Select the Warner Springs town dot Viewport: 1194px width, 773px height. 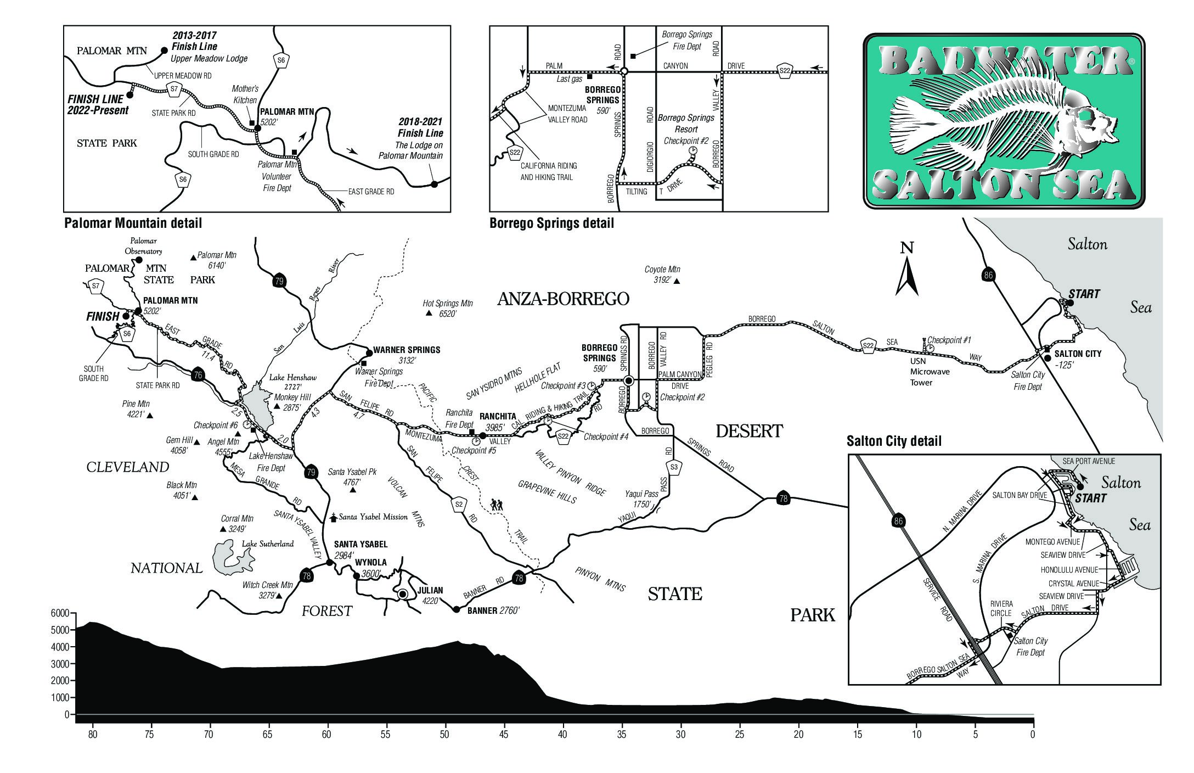[x=369, y=353]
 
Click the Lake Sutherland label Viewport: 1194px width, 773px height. [x=268, y=544]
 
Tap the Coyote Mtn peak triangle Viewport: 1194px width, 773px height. [x=677, y=281]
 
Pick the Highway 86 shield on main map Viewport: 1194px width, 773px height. [x=988, y=275]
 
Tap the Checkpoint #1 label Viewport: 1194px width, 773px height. [x=949, y=340]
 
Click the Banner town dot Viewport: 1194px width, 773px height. [x=456, y=609]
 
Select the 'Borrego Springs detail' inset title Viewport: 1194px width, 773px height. [x=551, y=223]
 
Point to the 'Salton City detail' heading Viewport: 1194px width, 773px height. [x=894, y=441]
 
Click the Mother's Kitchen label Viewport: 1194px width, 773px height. [x=245, y=94]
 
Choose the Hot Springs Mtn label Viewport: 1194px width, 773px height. [x=448, y=309]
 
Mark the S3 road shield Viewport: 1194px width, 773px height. [x=674, y=467]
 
